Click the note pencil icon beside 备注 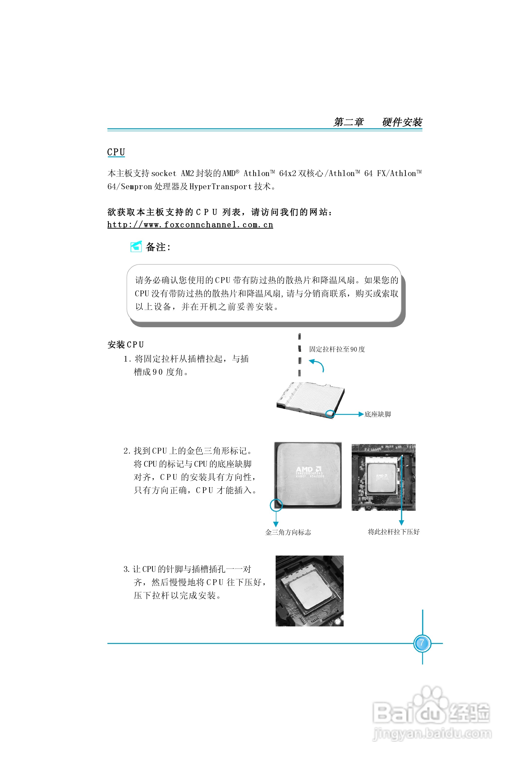[x=136, y=247]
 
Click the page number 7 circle [x=422, y=643]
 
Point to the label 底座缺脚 [x=378, y=414]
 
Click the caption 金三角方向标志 [x=288, y=532]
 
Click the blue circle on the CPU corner [x=276, y=505]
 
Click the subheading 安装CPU [x=126, y=345]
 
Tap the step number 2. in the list [x=127, y=451]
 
